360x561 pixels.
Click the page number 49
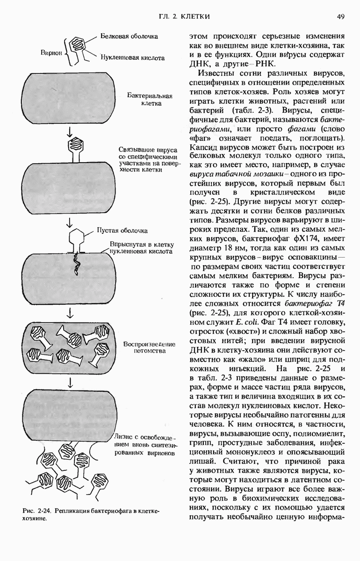pyautogui.click(x=340, y=17)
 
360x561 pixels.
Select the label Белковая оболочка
pyautogui.click(x=129, y=36)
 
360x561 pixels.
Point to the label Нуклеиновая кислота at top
pyautogui.click(x=132, y=58)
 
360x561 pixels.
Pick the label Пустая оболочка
pyautogui.click(x=122, y=230)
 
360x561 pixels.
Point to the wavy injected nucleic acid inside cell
pyautogui.click(x=75, y=264)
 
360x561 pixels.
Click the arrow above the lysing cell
pyautogui.click(x=70, y=382)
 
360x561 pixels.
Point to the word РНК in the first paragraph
pyautogui.click(x=265, y=64)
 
